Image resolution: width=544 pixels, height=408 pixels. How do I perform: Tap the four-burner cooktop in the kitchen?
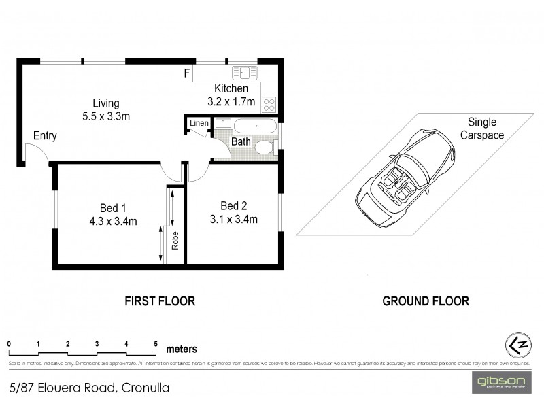[269, 105]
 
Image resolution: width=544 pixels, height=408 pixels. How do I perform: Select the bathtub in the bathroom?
[255, 126]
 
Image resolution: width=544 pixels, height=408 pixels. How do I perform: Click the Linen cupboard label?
[199, 123]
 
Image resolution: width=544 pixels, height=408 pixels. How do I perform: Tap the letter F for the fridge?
[187, 73]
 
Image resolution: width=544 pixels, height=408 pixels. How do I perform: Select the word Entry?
[45, 136]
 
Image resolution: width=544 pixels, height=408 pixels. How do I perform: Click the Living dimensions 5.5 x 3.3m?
[106, 116]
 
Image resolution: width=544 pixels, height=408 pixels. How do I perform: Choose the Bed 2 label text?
[233, 206]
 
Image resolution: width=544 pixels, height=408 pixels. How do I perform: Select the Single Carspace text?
[482, 129]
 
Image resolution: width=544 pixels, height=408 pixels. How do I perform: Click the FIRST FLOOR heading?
[159, 301]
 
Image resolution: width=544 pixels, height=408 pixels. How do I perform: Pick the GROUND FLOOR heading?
[426, 301]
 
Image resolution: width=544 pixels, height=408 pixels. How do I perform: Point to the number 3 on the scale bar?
[97, 343]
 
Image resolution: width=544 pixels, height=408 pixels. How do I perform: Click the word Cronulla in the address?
[146, 388]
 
